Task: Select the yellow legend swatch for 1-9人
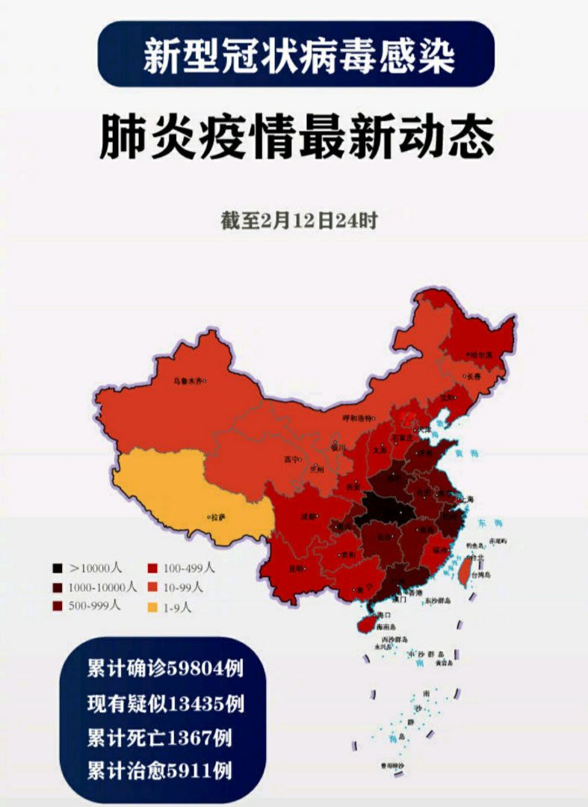pos(152,607)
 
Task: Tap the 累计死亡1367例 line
pos(159,738)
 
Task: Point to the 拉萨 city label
pos(217,516)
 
